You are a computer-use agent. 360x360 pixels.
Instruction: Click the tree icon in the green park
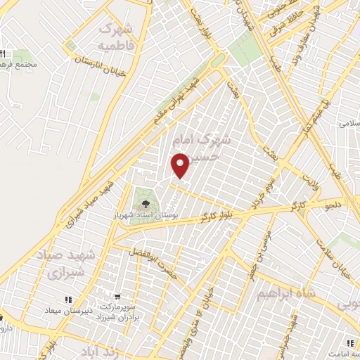point(146,203)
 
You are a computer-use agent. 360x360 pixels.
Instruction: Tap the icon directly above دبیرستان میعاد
point(68,300)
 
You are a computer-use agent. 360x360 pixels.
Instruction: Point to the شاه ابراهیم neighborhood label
point(286,292)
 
